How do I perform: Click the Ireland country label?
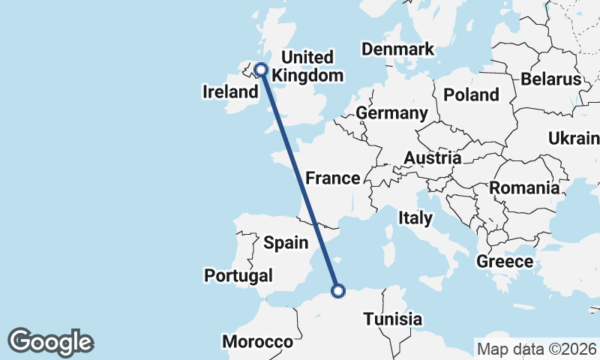tap(230, 92)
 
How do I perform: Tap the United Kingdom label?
tap(307, 66)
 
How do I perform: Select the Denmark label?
tap(397, 49)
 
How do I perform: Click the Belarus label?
tap(551, 79)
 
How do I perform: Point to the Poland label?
tap(471, 94)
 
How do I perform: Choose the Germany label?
tap(391, 113)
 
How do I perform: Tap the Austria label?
tap(432, 158)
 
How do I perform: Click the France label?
tap(333, 178)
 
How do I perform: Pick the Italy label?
tap(415, 218)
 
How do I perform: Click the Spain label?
tap(286, 242)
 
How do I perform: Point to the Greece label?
tap(505, 262)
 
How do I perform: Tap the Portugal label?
tap(238, 276)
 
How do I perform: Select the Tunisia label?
tap(392, 319)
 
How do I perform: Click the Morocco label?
tap(257, 342)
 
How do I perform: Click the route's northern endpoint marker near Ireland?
tap(261, 70)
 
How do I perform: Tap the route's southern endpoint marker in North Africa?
tap(338, 290)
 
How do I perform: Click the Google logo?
tap(50, 342)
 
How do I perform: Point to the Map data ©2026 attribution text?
tap(537, 349)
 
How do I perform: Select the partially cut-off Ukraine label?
tap(574, 139)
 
